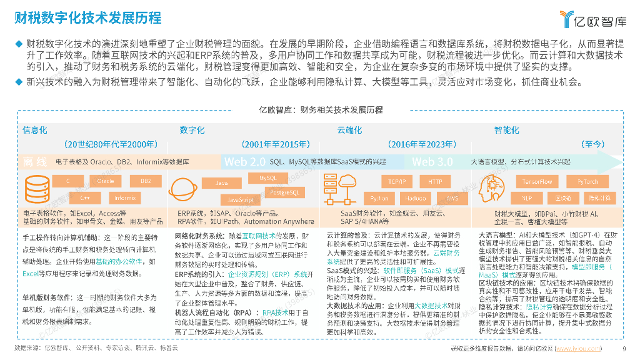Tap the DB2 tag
click(146, 181)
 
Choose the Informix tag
click(125, 198)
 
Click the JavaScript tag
click(241, 200)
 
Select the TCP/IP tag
click(397, 182)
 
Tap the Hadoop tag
click(415, 198)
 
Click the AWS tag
click(452, 198)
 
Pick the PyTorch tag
click(587, 182)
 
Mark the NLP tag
click(518, 198)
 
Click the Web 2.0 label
click(245, 162)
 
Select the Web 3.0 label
click(432, 162)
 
